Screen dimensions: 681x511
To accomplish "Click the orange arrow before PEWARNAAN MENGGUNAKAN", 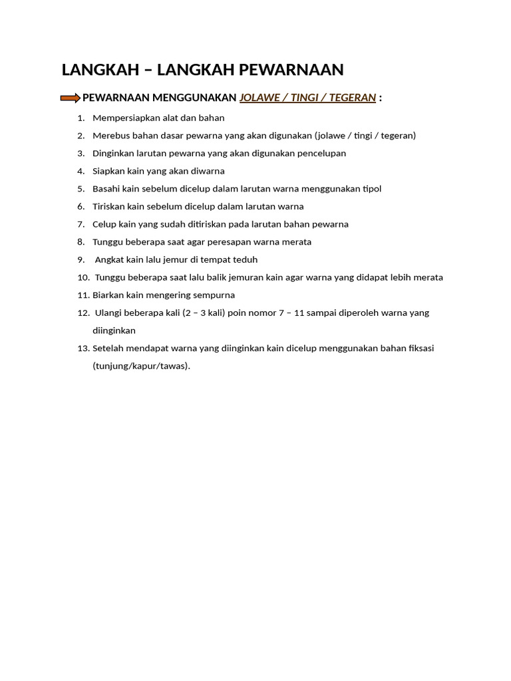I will click(x=70, y=98).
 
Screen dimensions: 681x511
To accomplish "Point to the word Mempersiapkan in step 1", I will click(x=123, y=118).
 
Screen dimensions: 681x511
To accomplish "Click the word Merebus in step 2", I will click(x=108, y=136).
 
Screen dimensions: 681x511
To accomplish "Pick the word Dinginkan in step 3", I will click(x=112, y=154).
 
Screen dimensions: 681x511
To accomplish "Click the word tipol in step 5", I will click(x=371, y=189).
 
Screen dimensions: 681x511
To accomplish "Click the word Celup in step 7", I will click(x=104, y=224).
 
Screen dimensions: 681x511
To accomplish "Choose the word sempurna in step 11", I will click(x=214, y=295).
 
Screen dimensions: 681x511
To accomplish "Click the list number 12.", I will click(x=83, y=313).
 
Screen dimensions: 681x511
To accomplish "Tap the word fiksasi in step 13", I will click(x=420, y=348).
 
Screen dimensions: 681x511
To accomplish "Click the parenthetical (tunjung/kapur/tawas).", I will click(x=141, y=366).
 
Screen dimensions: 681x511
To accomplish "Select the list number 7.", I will click(x=81, y=224).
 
